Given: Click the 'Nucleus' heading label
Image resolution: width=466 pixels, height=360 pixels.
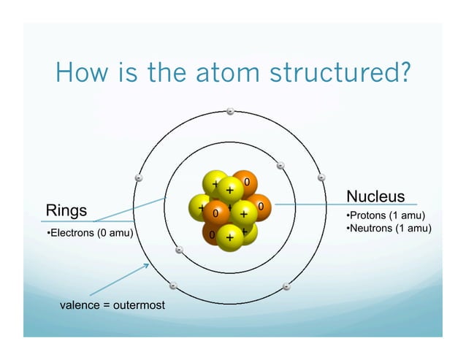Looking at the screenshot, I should [x=375, y=196].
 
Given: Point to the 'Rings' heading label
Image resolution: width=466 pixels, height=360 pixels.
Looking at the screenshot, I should [x=66, y=210].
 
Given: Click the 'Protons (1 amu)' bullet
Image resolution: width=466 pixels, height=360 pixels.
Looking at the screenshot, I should [x=385, y=215].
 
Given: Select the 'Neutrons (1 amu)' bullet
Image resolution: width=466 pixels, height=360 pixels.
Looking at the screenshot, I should [x=388, y=229].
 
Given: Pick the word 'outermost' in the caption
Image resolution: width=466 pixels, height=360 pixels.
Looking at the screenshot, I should [x=139, y=304].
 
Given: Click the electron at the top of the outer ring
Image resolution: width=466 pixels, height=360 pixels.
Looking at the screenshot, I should [x=229, y=111].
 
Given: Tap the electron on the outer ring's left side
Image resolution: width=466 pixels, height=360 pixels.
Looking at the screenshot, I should [x=139, y=177].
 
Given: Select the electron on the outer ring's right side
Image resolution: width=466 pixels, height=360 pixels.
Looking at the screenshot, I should [x=321, y=177].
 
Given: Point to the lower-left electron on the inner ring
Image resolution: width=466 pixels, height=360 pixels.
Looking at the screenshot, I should [x=179, y=250].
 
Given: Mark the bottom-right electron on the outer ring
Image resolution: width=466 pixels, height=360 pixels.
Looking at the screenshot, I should [x=286, y=286].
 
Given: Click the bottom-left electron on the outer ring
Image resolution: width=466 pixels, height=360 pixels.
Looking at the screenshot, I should [x=173, y=286].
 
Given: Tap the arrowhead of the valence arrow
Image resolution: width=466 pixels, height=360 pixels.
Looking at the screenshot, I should [x=147, y=265].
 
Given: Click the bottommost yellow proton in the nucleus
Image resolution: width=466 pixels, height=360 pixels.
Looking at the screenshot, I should [x=229, y=237].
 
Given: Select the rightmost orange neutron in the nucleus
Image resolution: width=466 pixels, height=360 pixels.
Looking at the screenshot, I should [x=259, y=207].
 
